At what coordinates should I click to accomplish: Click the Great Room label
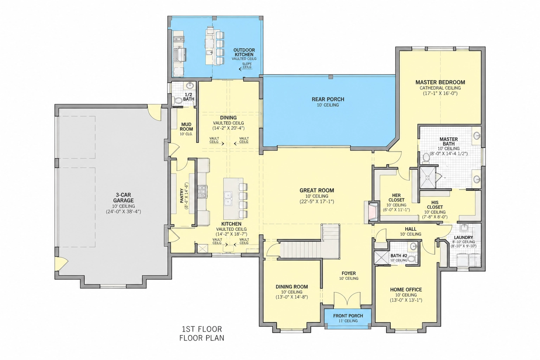[x=317, y=191]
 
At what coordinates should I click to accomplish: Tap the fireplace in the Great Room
[x=371, y=212]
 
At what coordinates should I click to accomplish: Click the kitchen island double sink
[x=228, y=199]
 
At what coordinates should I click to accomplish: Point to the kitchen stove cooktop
[x=202, y=192]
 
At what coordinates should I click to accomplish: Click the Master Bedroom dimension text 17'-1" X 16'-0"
[x=440, y=93]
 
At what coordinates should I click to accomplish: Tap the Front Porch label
[x=348, y=316]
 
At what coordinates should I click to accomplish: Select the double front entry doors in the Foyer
[x=347, y=300]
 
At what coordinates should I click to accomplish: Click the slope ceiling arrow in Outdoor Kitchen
[x=245, y=69]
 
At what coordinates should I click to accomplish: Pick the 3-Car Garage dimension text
[x=123, y=212]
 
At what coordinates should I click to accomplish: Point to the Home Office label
[x=406, y=290]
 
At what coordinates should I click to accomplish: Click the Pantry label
[x=182, y=196]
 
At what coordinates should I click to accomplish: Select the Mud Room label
[x=186, y=127]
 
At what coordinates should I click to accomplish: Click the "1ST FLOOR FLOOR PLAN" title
[x=202, y=334]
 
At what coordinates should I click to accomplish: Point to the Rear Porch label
[x=328, y=99]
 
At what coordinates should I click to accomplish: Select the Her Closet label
[x=396, y=198]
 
